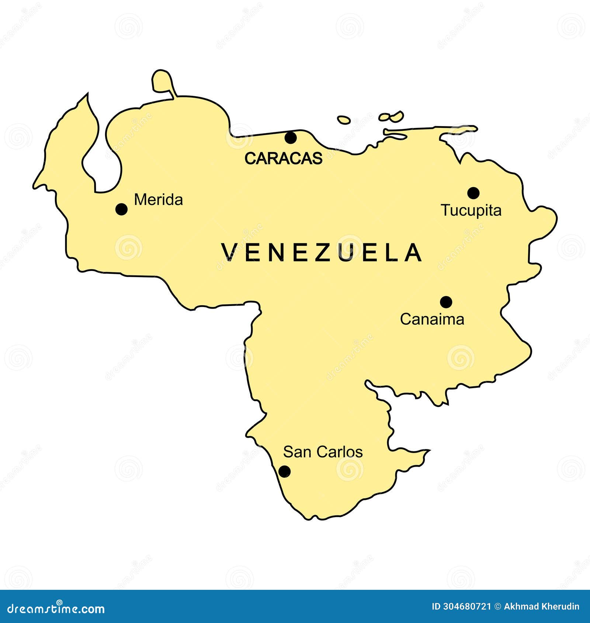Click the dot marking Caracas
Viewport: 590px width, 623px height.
(291, 138)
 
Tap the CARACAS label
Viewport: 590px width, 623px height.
(283, 159)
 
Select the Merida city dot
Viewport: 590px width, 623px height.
(121, 209)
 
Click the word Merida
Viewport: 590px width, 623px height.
(158, 200)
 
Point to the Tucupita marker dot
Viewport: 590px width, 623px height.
(473, 192)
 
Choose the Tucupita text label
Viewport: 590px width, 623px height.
(471, 210)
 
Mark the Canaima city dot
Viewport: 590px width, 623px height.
(446, 302)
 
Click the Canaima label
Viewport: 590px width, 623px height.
(432, 319)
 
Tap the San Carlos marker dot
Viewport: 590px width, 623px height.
(284, 471)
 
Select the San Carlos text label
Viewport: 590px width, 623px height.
(323, 452)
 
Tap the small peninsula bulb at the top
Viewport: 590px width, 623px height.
(161, 79)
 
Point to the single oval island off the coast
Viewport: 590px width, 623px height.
(344, 120)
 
